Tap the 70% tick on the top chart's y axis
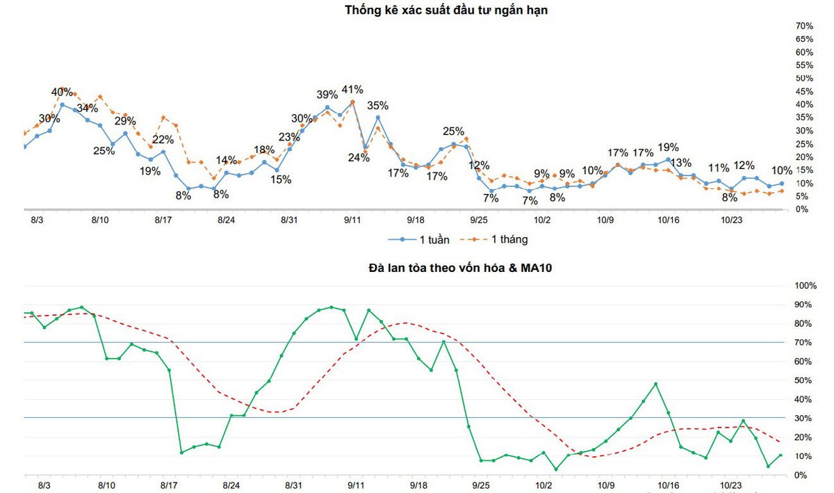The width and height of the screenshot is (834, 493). [x=804, y=26]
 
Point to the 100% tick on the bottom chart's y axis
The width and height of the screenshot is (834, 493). [x=806, y=286]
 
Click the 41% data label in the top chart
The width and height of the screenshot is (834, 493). [x=352, y=90]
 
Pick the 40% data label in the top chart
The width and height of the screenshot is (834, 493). [x=62, y=92]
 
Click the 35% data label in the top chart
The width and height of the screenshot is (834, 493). [x=377, y=106]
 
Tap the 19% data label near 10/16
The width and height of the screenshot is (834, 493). [x=668, y=147]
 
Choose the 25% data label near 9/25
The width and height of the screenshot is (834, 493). [x=453, y=131]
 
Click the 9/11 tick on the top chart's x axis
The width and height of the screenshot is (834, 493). [x=353, y=220]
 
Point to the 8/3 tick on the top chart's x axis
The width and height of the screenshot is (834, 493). [x=37, y=220]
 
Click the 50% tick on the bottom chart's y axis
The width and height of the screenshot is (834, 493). [x=806, y=380]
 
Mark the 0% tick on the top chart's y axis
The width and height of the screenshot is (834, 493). [x=802, y=209]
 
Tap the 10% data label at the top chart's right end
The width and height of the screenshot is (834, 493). [x=782, y=170]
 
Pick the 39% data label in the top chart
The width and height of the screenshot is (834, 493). [x=327, y=95]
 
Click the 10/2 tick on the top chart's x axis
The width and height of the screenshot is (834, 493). [x=542, y=220]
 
